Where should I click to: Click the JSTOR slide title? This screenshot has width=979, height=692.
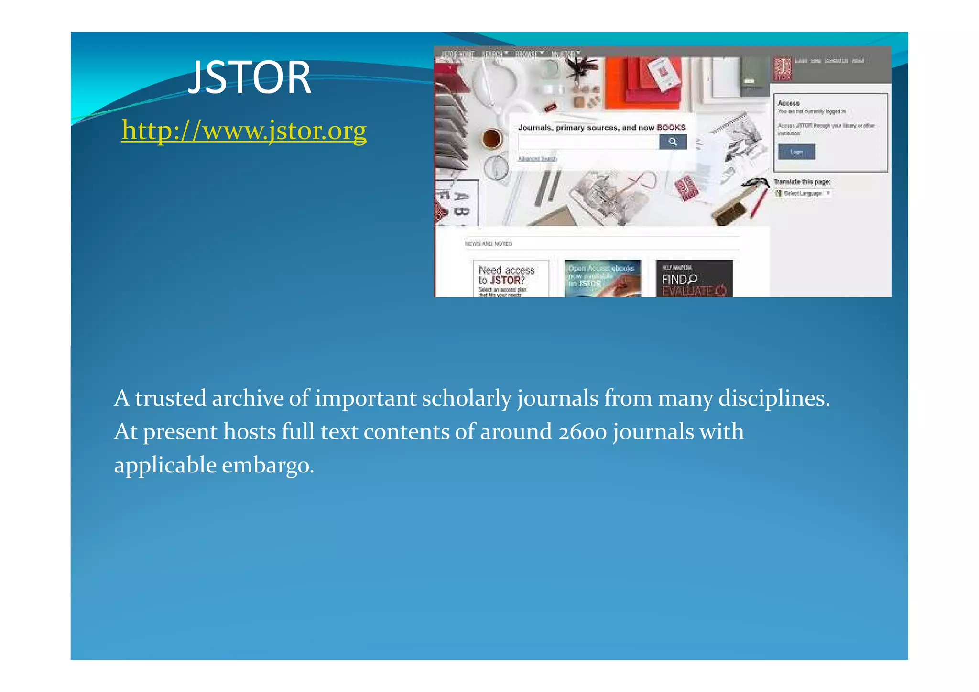(x=249, y=77)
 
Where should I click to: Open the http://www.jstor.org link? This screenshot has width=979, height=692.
(x=244, y=130)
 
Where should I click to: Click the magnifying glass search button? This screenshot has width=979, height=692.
(x=673, y=142)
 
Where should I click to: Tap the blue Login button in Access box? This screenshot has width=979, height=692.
(x=796, y=152)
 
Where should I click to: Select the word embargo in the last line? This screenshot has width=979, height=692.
(x=268, y=465)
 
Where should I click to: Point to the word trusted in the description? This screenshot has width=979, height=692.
(x=170, y=398)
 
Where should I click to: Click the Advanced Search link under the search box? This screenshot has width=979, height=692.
(x=537, y=159)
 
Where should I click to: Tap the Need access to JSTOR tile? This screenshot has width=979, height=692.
(x=511, y=279)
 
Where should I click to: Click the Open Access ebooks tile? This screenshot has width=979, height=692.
(x=602, y=279)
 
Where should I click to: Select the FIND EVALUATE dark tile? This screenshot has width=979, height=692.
(x=694, y=279)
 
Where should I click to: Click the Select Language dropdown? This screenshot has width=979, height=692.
(x=803, y=193)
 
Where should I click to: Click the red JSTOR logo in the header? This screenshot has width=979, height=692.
(x=783, y=69)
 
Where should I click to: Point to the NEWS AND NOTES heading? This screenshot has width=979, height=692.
(x=488, y=244)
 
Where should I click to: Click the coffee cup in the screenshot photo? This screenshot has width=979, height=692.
(x=491, y=139)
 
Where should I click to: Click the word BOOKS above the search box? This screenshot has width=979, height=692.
(x=671, y=128)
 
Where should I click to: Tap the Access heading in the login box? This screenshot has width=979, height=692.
(x=788, y=103)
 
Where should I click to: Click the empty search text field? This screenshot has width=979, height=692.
(x=588, y=142)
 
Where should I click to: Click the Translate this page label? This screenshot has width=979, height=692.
(x=802, y=182)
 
